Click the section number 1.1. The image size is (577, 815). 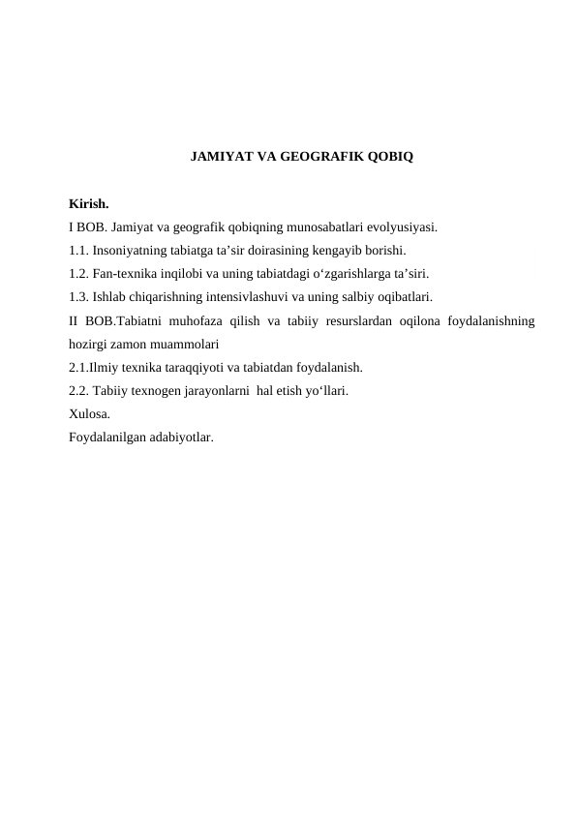[x=79, y=251]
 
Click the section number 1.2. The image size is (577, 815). [x=79, y=274]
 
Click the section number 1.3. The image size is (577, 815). [x=79, y=296]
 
